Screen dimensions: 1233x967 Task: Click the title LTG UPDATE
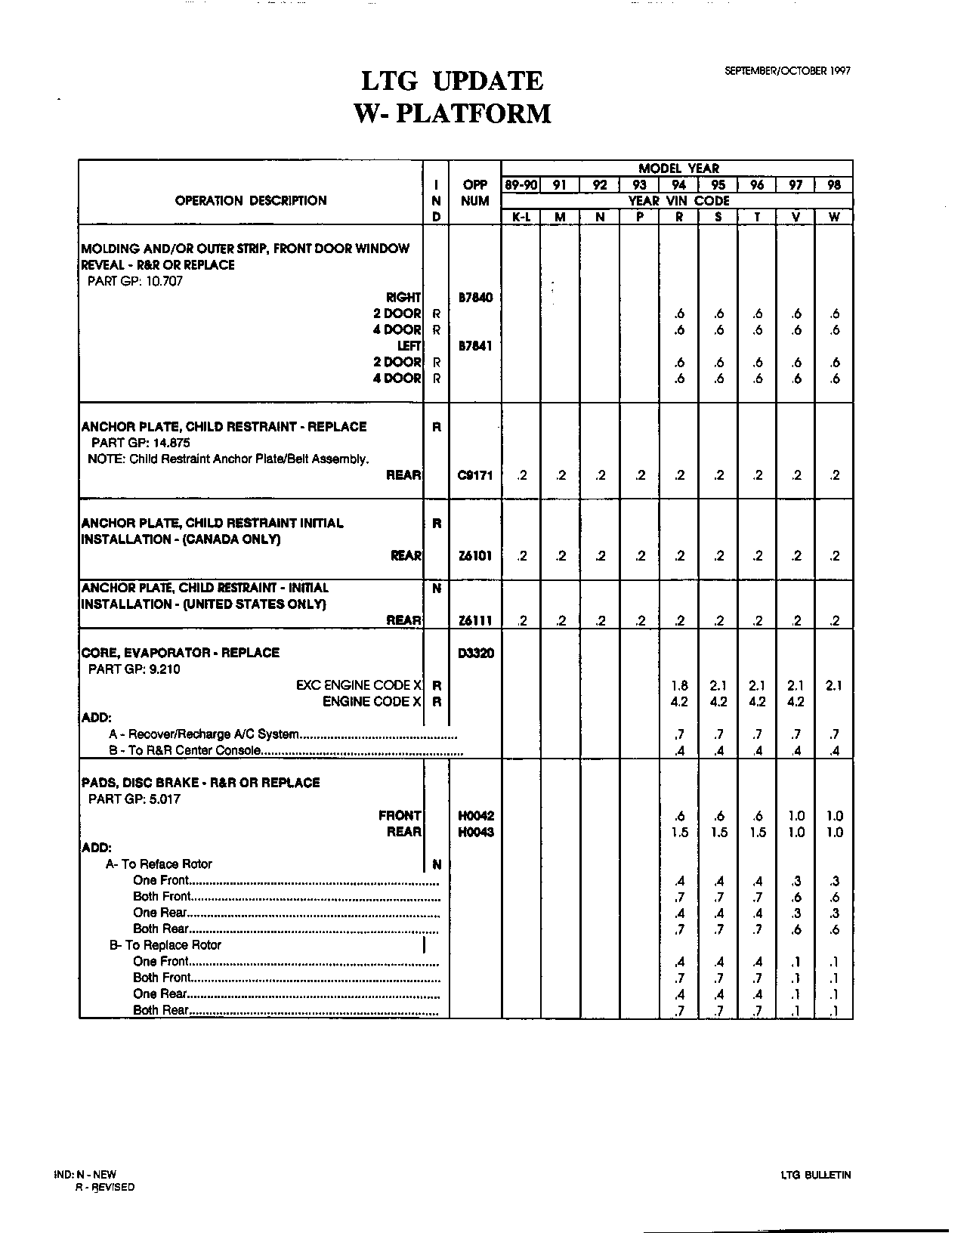pyautogui.click(x=452, y=82)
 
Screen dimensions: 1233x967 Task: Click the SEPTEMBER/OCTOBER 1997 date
pyautogui.click(x=787, y=70)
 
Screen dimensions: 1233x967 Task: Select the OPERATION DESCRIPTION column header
pyautogui.click(x=251, y=201)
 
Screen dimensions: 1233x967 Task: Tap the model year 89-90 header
pyautogui.click(x=521, y=185)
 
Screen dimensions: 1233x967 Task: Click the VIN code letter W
pyautogui.click(x=834, y=217)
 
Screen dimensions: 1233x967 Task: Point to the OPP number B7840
pyautogui.click(x=475, y=298)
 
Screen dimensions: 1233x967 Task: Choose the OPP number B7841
pyautogui.click(x=475, y=346)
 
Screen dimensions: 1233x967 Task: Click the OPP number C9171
pyautogui.click(x=475, y=475)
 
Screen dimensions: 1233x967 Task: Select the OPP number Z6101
pyautogui.click(x=475, y=556)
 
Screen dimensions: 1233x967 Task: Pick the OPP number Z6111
pyautogui.click(x=475, y=621)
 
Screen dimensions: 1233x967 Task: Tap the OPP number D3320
pyautogui.click(x=475, y=653)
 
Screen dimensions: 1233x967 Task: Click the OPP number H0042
pyautogui.click(x=475, y=816)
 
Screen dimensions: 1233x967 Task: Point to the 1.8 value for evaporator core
pyautogui.click(x=679, y=686)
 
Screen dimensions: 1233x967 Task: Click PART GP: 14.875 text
pyautogui.click(x=141, y=443)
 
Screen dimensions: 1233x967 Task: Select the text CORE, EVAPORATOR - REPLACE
pyautogui.click(x=180, y=653)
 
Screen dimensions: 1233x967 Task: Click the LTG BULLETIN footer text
pyautogui.click(x=816, y=1175)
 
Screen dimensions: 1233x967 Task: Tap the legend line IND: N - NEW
pyautogui.click(x=86, y=1175)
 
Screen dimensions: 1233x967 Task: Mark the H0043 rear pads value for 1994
pyautogui.click(x=679, y=833)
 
